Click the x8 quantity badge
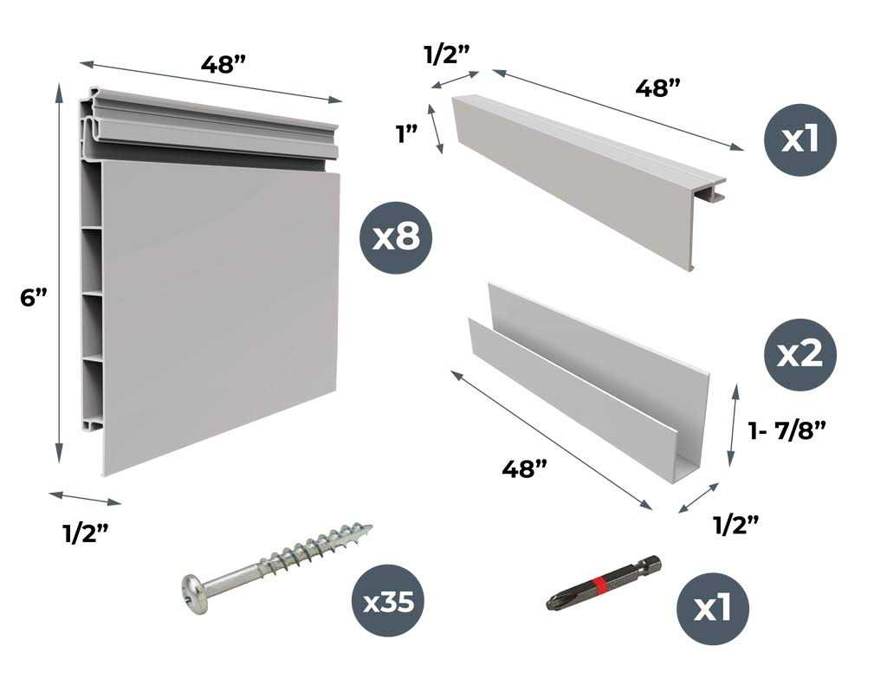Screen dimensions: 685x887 pos(395,238)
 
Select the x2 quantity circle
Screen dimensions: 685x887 pos(800,355)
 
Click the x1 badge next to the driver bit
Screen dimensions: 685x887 pos(712,608)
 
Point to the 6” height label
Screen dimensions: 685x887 pos(32,297)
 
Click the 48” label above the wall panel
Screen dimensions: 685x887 pos(223,65)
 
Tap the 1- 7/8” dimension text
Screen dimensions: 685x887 pos(786,428)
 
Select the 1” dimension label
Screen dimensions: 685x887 pos(407,135)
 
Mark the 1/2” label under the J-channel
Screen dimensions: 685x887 pos(735,523)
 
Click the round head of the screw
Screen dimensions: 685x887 pos(195,593)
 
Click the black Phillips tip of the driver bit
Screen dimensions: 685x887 pos(554,604)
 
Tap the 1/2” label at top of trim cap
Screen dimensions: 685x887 pos(447,51)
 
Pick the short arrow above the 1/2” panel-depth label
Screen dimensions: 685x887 pos(85,498)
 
